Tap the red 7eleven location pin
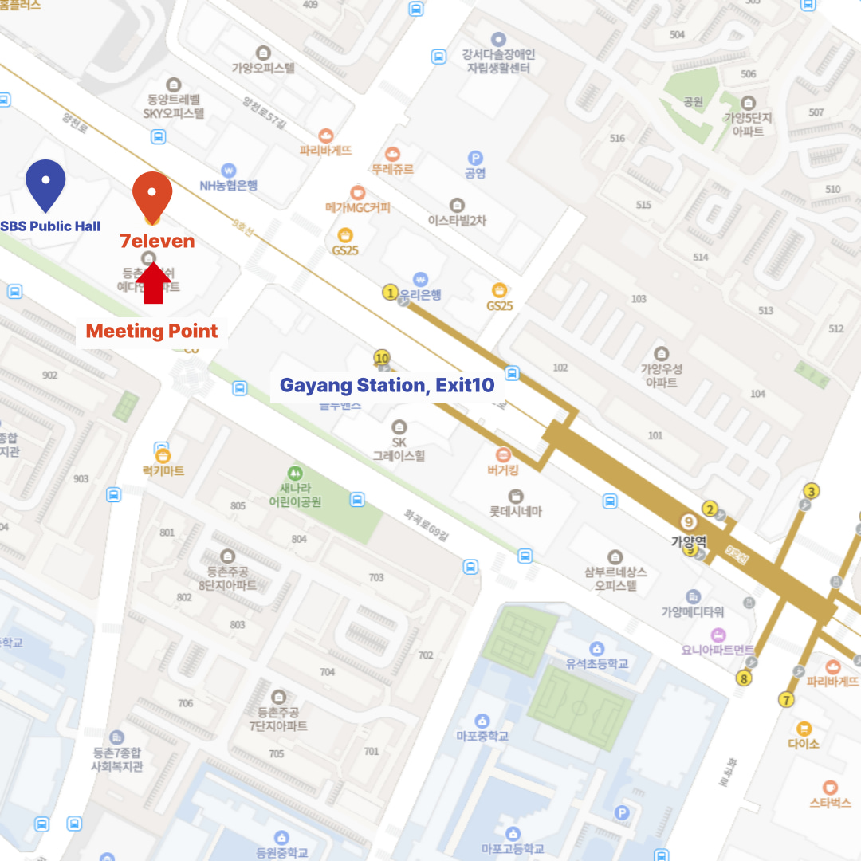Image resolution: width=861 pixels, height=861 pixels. pos(152,195)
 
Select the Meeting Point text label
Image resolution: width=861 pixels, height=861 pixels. pos(151,331)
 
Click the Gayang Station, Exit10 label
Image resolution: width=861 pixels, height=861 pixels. pos(387,386)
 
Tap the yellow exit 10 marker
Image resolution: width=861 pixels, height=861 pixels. pos(382,358)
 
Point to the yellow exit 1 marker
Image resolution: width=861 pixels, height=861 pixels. pos(390,293)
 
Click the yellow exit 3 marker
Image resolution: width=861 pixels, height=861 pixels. pos(812,491)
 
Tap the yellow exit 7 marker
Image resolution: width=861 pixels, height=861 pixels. pos(787,701)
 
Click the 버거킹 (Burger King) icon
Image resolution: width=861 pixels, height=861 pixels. pos(503,454)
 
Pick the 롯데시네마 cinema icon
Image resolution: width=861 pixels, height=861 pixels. pos(516,496)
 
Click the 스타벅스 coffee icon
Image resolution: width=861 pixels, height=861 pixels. pos(830,786)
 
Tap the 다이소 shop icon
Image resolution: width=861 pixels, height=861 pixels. pos(804,728)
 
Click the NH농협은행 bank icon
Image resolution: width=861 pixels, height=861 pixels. pos(229,170)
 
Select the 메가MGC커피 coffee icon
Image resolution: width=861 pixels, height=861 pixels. pos(357,192)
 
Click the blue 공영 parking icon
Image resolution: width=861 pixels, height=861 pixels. pos(475,158)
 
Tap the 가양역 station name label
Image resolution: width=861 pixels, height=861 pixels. pos(689,541)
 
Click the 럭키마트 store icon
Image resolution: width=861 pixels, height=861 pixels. pos(163,456)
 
